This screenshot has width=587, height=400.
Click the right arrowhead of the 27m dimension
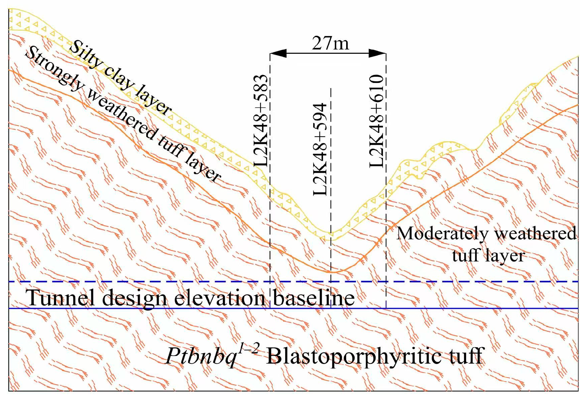coord(377,53)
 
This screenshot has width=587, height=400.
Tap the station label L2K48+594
coord(320,149)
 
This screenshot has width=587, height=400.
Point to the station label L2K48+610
coord(377,121)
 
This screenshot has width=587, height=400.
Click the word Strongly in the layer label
coord(54,69)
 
